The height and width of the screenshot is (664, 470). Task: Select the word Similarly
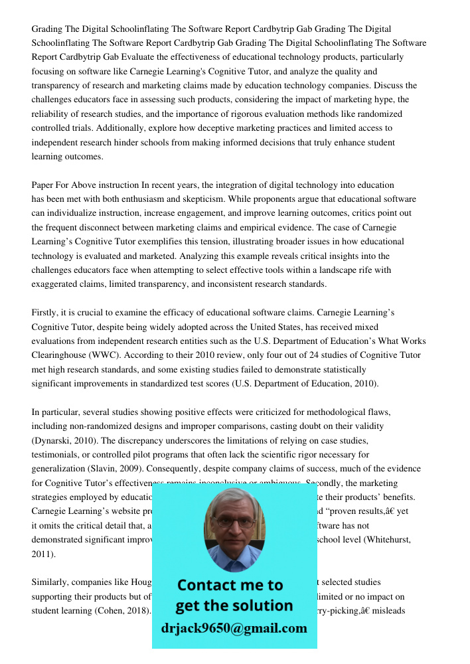click(50, 582)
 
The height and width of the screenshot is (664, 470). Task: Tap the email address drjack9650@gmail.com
click(234, 628)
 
